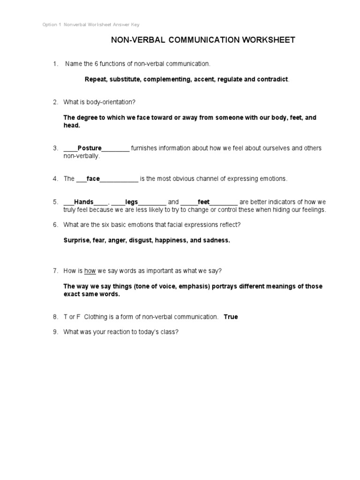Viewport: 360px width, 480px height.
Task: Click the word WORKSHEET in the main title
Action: click(269, 40)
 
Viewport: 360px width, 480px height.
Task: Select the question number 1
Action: click(55, 64)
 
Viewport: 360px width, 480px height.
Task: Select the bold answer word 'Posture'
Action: click(90, 148)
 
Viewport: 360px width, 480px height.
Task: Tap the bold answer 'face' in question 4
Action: click(93, 179)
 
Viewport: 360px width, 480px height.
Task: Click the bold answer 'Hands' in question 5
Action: click(84, 202)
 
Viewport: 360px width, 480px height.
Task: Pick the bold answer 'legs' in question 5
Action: click(132, 202)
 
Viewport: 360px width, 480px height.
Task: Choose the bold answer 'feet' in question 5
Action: click(203, 202)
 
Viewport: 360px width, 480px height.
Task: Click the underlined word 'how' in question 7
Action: click(90, 271)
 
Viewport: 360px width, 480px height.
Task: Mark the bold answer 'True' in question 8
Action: click(231, 317)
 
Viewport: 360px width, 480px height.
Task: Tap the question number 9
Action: click(55, 332)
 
